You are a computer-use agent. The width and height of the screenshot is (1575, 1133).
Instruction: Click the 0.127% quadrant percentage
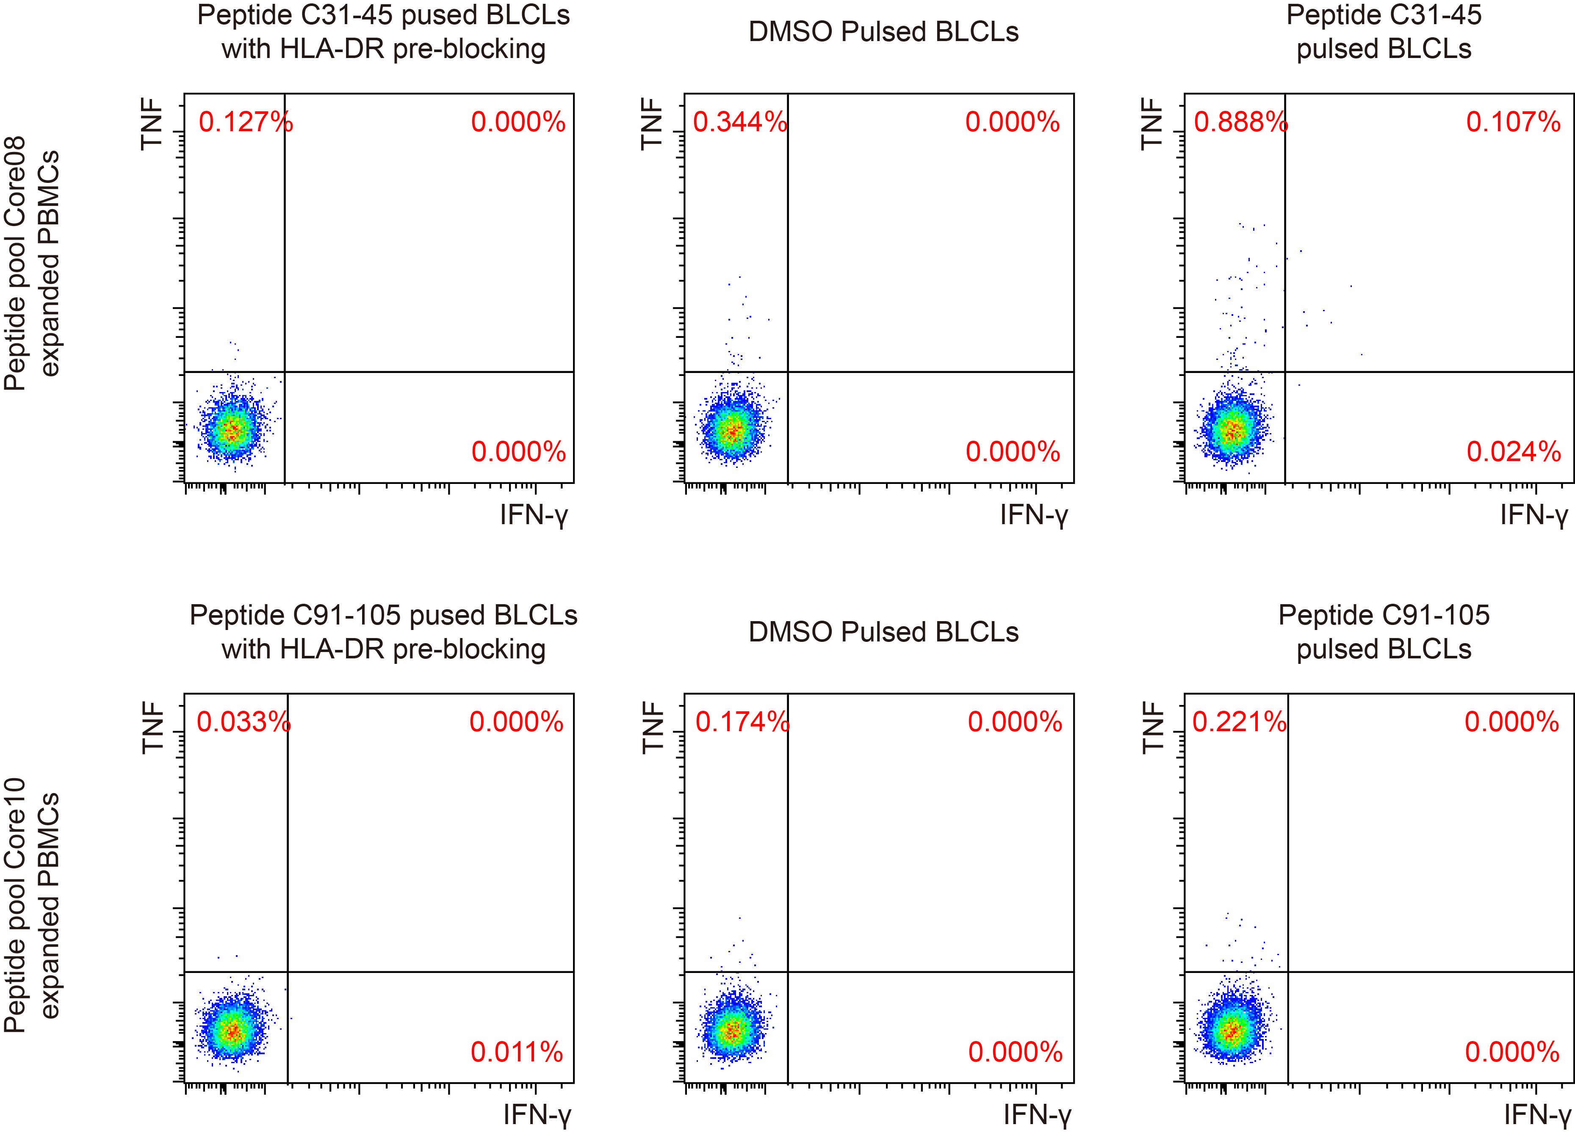click(x=245, y=122)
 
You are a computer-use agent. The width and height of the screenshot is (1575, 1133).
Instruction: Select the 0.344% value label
click(x=739, y=122)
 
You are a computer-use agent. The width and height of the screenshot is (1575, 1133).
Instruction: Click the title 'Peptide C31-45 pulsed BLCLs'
click(x=1383, y=32)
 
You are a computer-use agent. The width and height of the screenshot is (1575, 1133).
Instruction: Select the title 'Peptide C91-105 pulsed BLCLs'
click(x=1383, y=632)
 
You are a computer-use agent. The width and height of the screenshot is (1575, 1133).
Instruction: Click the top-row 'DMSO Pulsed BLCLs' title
click(x=883, y=32)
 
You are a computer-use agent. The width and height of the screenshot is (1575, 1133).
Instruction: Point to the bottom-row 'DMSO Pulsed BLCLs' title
click(x=883, y=632)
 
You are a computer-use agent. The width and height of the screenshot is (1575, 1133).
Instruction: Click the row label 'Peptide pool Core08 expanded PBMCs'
click(x=32, y=264)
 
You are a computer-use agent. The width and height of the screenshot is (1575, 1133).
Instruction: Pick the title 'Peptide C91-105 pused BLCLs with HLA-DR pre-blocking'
click(x=383, y=632)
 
